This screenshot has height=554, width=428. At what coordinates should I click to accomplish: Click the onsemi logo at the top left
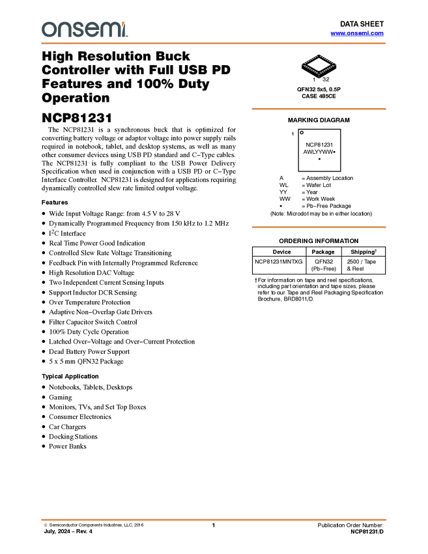click(85, 30)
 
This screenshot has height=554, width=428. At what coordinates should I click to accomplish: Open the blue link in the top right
click(357, 33)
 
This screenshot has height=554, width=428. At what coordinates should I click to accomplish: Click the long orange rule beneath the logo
click(214, 44)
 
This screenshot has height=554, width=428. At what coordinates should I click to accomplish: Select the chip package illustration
click(319, 65)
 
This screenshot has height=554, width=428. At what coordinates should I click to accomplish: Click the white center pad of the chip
click(319, 64)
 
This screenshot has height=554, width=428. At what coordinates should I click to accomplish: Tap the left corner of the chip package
click(302, 64)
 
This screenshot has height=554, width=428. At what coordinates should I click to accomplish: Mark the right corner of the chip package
click(336, 64)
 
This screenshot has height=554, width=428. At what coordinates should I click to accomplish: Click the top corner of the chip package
click(319, 55)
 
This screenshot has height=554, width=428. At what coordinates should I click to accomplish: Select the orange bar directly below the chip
click(319, 109)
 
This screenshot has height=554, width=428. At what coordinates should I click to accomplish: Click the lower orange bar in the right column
click(319, 227)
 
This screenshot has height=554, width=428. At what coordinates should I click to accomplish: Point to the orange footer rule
click(214, 519)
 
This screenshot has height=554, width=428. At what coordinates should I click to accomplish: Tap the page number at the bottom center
click(214, 523)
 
